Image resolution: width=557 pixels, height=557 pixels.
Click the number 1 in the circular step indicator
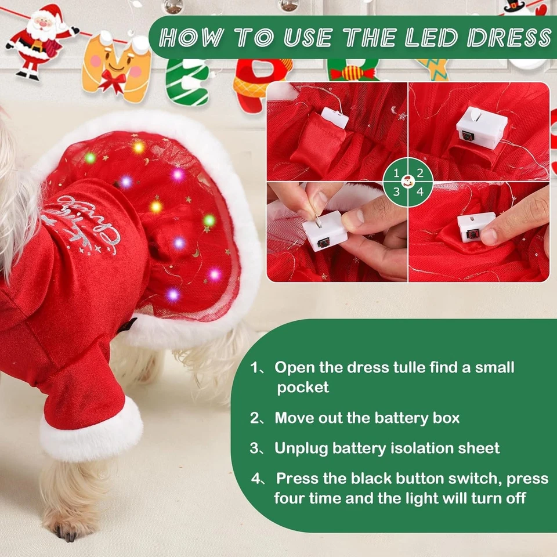coord(396,173)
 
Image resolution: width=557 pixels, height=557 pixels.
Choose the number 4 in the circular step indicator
coord(420,192)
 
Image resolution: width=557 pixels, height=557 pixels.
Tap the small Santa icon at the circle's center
coord(408,182)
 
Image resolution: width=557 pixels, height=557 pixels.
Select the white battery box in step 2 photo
coord(481,128)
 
